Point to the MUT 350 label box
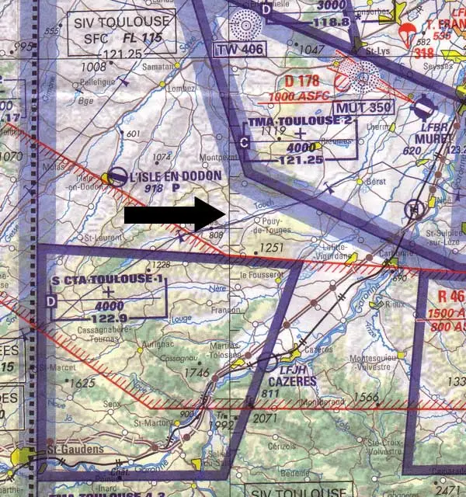(x=363, y=106)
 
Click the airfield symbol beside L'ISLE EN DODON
(x=119, y=178)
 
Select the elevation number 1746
(x=199, y=372)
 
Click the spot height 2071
(x=265, y=419)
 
